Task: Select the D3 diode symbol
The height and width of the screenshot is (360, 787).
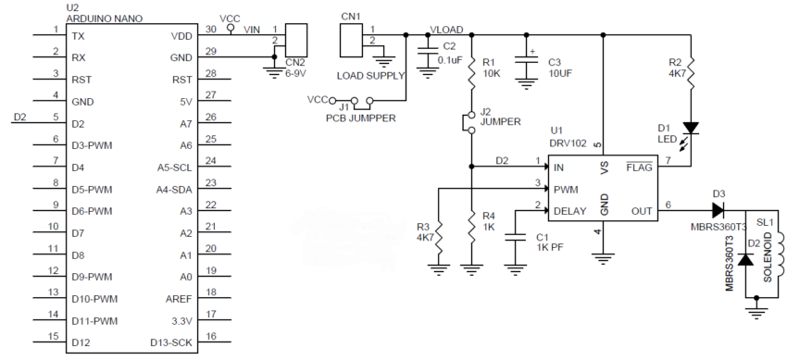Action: (x=718, y=212)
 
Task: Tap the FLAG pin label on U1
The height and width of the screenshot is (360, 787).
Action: (x=640, y=168)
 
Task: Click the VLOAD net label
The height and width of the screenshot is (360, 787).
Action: (x=449, y=30)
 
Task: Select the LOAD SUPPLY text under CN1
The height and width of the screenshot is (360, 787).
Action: (x=368, y=74)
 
